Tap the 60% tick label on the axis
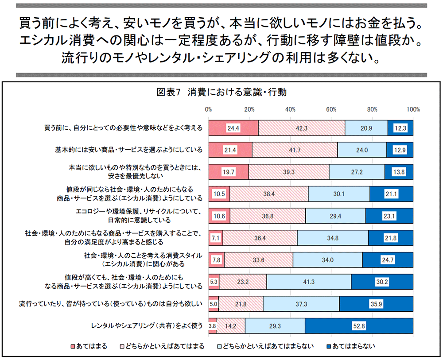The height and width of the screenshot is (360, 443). [331, 109]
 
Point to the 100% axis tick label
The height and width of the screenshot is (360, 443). [413, 109]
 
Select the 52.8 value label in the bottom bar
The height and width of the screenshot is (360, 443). [358, 325]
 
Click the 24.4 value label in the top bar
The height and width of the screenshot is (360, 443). [233, 128]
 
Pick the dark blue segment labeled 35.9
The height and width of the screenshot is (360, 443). [376, 304]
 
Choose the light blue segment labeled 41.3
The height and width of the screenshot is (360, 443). [308, 282]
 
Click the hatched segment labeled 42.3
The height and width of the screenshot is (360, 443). [301, 128]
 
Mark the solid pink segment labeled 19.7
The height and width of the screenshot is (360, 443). [228, 172]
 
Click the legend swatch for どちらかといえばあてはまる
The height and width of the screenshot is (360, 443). [122, 346]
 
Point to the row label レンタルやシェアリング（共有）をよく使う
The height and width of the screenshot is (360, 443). [147, 326]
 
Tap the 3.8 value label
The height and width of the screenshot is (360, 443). [212, 325]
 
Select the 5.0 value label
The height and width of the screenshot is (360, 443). [213, 304]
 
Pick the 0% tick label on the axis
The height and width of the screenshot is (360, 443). [209, 109]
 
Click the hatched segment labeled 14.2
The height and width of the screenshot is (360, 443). [230, 325]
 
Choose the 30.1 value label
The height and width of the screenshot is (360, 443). [339, 194]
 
